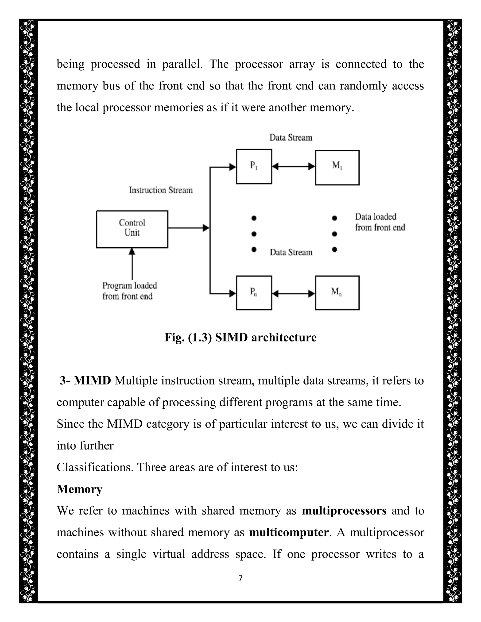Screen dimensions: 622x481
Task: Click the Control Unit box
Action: coord(132,229)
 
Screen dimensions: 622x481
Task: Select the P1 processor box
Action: coord(254,166)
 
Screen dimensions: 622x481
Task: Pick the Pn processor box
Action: coord(254,292)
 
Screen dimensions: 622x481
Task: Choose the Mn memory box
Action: coord(337,292)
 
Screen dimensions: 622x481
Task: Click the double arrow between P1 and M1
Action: coord(294,167)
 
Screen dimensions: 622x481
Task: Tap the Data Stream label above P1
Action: coord(291,138)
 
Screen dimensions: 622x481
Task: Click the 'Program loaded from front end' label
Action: coord(129,291)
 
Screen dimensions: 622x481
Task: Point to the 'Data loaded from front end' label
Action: coord(380,222)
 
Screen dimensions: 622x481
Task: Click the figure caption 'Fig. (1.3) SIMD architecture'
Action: coord(240,337)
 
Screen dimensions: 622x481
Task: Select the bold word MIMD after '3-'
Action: coord(92,380)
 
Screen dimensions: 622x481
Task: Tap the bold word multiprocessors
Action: coord(344,511)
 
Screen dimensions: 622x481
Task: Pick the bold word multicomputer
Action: coord(289,532)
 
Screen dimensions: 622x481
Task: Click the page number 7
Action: coord(240,578)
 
